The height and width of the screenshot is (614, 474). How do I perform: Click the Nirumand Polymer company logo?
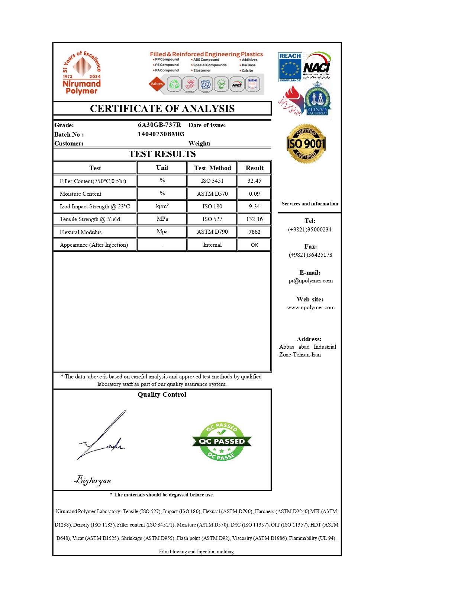tap(82, 73)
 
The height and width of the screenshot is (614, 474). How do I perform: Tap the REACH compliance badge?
tap(290, 67)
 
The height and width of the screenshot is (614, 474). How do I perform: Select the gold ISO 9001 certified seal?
tap(306, 144)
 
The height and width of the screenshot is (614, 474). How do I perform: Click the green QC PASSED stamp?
tap(222, 442)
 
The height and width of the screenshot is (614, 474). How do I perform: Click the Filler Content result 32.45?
tap(254, 181)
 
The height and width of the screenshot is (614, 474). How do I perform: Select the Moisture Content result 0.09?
tap(254, 194)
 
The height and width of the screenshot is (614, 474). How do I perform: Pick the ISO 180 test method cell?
tap(212, 207)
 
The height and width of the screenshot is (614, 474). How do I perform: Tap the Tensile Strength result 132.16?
tap(254, 219)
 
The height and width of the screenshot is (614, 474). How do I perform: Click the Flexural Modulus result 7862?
tap(254, 232)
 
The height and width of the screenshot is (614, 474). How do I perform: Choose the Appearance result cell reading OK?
tap(254, 245)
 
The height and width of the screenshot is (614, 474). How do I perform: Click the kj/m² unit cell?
tap(162, 206)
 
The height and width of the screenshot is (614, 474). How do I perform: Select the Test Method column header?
tap(212, 168)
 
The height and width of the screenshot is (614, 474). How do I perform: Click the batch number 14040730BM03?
tap(161, 134)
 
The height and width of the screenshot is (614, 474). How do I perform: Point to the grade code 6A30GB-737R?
tap(159, 125)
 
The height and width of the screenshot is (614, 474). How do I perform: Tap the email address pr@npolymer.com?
tap(310, 281)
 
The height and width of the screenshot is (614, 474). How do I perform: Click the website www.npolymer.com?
tap(311, 307)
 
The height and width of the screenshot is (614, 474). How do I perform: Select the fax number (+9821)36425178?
tap(310, 255)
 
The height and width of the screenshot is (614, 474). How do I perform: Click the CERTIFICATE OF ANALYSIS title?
tap(162, 109)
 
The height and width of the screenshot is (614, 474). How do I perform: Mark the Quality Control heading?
tap(162, 394)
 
